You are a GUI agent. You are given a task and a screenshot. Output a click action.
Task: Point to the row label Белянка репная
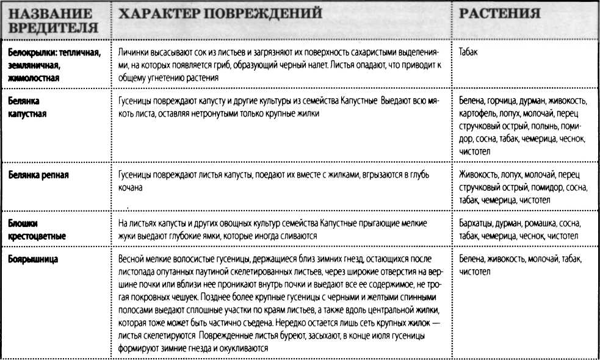(38, 176)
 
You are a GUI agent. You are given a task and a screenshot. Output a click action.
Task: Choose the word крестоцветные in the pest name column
(37, 235)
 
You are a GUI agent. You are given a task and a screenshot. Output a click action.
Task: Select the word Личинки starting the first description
(134, 53)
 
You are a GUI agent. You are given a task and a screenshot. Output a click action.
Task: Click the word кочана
(130, 188)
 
